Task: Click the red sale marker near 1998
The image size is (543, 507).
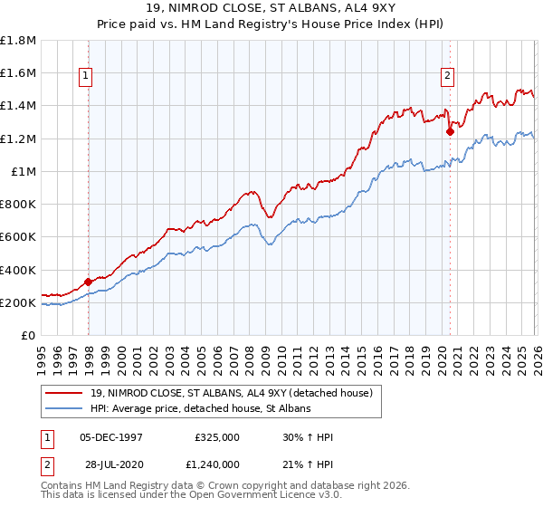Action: pos(88,282)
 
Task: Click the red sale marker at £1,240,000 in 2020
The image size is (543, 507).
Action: pos(450,131)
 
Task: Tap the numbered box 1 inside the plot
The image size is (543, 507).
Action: pos(85,77)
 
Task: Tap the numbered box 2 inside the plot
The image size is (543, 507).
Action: pos(447,77)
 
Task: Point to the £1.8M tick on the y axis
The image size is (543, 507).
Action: pos(19,41)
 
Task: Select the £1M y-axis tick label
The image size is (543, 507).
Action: pos(24,172)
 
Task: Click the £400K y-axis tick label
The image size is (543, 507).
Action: pos(19,270)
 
